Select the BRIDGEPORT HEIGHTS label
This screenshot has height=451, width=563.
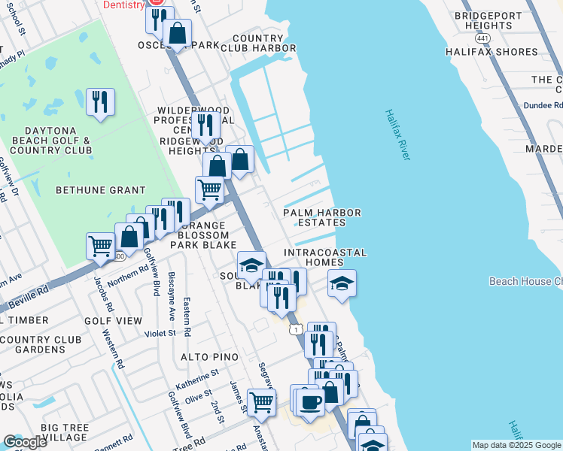click(x=488, y=20)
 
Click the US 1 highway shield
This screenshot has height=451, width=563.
click(x=296, y=329)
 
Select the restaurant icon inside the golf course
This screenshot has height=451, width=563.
click(x=100, y=101)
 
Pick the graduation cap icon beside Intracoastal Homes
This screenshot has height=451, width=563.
click(x=342, y=283)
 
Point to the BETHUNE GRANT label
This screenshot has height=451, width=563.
click(x=90, y=190)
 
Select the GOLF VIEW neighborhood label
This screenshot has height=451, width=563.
click(x=113, y=321)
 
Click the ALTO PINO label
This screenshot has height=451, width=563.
click(x=208, y=357)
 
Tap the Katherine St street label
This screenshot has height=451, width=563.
click(x=198, y=373)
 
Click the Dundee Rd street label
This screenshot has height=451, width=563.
click(x=543, y=106)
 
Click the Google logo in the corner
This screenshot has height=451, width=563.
click(x=25, y=442)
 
